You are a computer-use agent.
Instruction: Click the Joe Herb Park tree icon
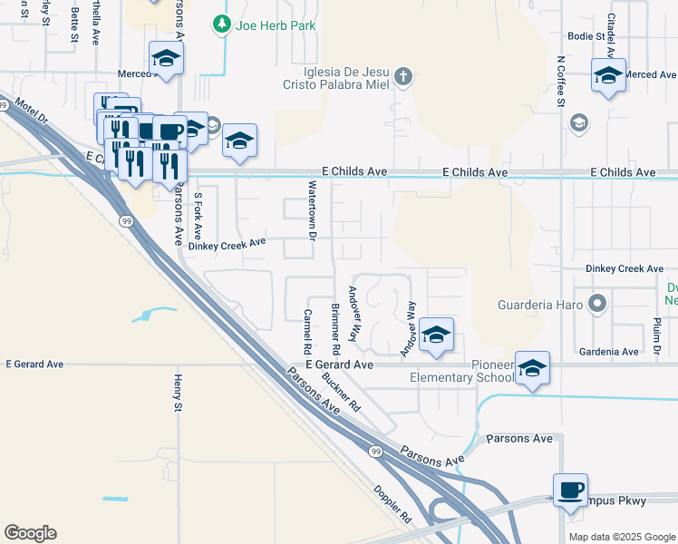point(221,25)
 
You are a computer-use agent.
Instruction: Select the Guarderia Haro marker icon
point(596,304)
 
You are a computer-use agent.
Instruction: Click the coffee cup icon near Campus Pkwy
point(571,491)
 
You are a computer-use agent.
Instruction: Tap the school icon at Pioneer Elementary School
point(533,368)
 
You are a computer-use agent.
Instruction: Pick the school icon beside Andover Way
point(436,335)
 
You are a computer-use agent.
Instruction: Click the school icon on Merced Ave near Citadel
point(608,75)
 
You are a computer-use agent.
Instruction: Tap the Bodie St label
point(586,36)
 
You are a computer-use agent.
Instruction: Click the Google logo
point(30,533)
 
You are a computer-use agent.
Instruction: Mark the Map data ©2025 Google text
point(621,537)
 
